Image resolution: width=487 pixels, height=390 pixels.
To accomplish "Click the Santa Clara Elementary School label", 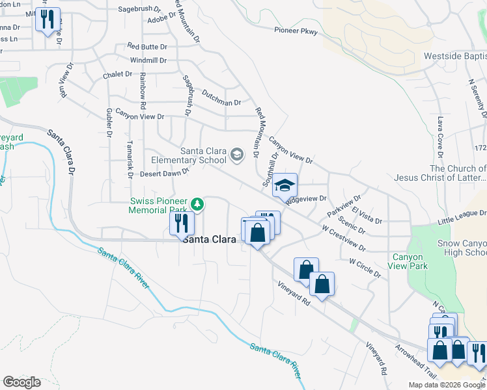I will point(189,155).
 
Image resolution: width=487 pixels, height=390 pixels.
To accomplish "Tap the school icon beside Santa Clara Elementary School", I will point(236,155).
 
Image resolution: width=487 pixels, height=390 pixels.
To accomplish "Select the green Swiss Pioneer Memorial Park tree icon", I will point(197,205).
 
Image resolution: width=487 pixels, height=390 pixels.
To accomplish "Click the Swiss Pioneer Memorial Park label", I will point(158,205).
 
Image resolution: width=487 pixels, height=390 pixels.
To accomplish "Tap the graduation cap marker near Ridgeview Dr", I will point(285,185).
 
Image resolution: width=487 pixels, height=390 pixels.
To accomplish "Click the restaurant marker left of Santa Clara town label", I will point(182,224).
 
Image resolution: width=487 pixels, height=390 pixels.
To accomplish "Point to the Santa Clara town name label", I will point(209,239).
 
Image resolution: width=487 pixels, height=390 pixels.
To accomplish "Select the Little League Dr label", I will point(462,214).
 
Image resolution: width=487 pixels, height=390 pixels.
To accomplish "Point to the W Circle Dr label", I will point(365,267).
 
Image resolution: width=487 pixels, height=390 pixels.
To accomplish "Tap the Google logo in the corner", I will point(21,382).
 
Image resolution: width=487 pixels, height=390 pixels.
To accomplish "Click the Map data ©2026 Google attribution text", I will point(447,385).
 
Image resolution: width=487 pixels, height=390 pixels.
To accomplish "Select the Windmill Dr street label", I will point(148,60).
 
